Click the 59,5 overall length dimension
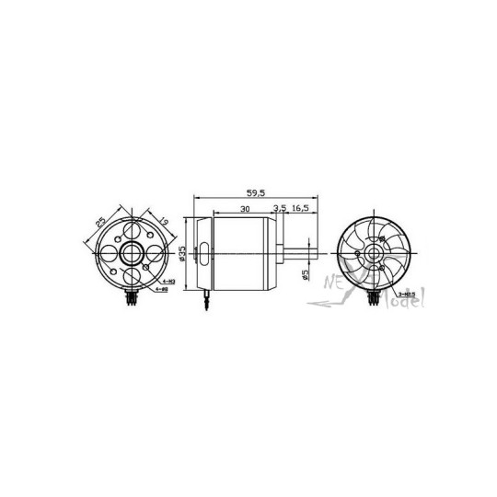click(x=257, y=193)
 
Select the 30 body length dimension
click(x=244, y=210)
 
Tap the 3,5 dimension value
click(x=280, y=210)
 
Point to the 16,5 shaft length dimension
click(x=300, y=210)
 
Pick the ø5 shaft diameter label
click(x=305, y=274)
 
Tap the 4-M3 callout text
click(x=167, y=281)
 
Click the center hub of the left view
click(x=129, y=251)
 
